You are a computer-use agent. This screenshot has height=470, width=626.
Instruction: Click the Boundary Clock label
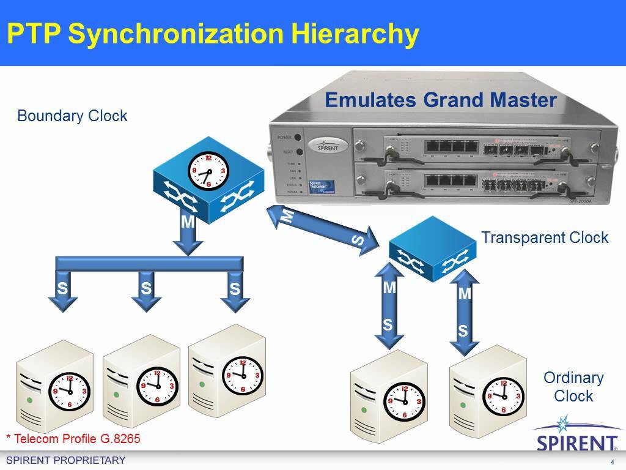click(72, 116)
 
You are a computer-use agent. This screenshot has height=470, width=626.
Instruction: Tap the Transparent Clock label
click(544, 237)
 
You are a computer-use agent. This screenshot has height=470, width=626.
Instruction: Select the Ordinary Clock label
click(573, 387)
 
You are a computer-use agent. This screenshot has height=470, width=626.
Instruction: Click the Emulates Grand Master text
click(440, 100)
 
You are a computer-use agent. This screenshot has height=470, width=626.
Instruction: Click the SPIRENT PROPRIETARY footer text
click(65, 460)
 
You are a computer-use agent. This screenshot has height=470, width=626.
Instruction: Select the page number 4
click(612, 461)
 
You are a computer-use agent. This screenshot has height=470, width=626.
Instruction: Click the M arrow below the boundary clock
click(188, 233)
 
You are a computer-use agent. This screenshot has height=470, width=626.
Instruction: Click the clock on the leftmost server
click(69, 389)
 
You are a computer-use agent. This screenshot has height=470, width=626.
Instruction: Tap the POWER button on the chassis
click(298, 137)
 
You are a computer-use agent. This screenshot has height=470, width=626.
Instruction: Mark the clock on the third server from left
click(243, 375)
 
